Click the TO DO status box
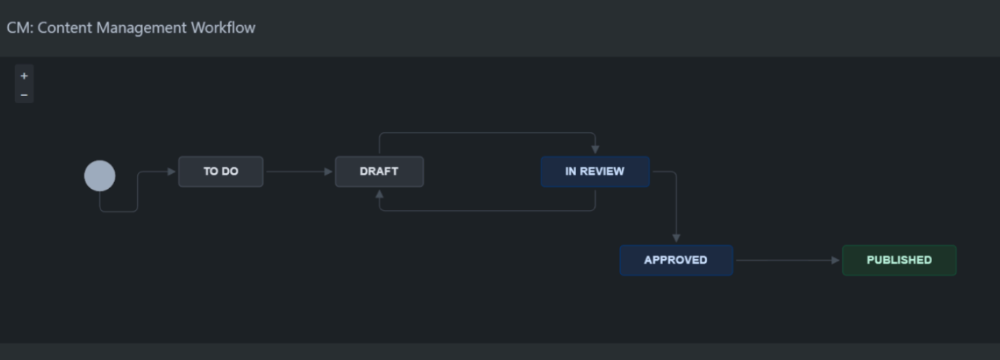221,172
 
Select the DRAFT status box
379,172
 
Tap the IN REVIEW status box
594,172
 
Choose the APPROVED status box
676,260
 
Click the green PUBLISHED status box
899,260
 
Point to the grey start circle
100,176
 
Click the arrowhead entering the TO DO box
172,172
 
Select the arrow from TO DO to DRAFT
299,172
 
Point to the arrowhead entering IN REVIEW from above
595,149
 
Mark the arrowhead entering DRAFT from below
379,194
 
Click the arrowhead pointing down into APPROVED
676,238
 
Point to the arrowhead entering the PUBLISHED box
836,260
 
